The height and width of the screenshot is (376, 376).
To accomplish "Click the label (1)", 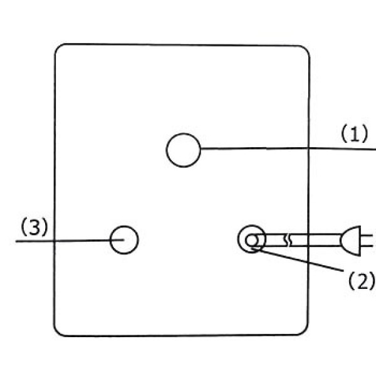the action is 354,133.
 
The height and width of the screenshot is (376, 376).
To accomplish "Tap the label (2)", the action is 362,280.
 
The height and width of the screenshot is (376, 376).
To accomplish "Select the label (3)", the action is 34,227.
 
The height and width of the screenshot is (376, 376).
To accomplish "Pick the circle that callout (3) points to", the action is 110,240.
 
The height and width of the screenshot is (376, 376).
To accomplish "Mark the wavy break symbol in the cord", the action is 288,240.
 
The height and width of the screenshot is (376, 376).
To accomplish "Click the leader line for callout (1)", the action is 288,149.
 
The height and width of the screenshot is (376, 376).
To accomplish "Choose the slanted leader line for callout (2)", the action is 297,260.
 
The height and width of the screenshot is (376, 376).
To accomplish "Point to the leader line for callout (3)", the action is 70,241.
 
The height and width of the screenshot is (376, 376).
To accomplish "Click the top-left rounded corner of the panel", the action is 58,48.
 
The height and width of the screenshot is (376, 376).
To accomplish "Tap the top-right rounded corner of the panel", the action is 306,49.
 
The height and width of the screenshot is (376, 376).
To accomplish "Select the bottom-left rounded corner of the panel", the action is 57,332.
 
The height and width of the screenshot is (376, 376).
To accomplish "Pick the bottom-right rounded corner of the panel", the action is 305,331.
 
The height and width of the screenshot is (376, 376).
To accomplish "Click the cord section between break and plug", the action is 316,240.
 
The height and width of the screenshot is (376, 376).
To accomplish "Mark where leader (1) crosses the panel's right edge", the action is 309,149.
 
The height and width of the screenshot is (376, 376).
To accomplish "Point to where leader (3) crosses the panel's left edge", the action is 54,241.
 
